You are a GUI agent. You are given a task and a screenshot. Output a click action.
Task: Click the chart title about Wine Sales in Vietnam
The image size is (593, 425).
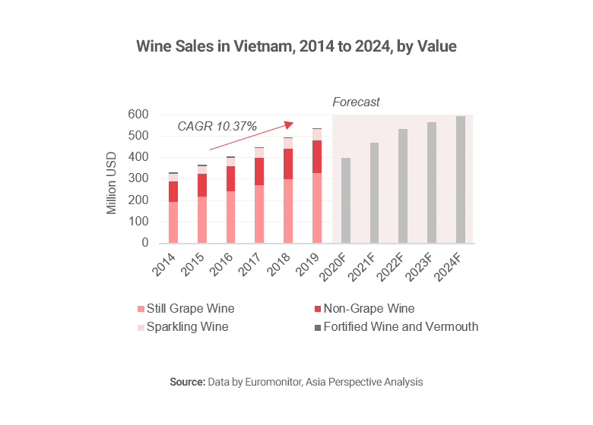296,46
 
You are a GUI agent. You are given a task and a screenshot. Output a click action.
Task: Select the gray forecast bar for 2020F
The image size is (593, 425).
346,200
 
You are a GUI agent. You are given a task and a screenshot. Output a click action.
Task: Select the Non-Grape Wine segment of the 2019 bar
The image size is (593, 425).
316,156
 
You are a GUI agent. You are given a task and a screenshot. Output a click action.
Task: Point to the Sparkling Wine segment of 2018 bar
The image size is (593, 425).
288,143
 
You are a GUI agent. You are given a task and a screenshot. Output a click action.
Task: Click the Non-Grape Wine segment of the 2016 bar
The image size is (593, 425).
230,178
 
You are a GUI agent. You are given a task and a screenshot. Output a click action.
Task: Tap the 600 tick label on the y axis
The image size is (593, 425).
138,115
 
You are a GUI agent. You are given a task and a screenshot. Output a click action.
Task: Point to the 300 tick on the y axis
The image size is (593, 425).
138,179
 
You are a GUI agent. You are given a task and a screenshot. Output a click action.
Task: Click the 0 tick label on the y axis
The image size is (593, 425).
144,244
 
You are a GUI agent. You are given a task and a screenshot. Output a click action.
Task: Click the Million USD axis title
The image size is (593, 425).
112,179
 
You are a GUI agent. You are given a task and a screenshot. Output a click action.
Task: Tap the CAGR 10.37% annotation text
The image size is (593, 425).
217,126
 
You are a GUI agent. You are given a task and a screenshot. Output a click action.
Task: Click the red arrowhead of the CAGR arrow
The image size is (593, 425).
289,124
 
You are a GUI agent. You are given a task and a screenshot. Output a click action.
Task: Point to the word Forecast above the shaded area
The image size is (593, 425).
356,102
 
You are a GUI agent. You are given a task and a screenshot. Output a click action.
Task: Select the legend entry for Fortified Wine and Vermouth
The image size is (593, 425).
400,327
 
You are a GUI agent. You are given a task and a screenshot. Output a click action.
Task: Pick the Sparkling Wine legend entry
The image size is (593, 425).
187,327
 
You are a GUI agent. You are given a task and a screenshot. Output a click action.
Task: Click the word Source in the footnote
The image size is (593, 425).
186,382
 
